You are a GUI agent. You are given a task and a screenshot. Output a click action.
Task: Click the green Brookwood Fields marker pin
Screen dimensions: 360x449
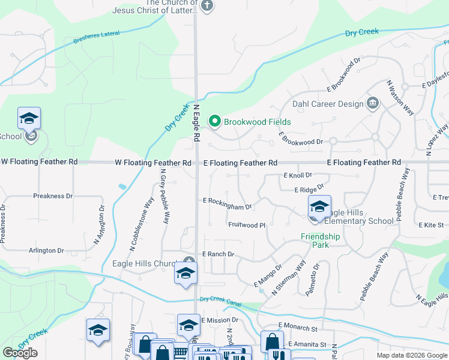[x=214, y=122]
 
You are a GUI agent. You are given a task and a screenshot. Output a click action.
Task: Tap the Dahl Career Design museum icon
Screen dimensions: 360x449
[x=373, y=104]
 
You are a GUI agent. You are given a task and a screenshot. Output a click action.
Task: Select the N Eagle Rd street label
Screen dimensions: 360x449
[x=196, y=122]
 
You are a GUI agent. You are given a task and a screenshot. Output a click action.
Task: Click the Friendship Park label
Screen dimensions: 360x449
[x=320, y=241]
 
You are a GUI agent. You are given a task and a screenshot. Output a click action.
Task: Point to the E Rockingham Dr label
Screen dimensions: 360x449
[x=228, y=203]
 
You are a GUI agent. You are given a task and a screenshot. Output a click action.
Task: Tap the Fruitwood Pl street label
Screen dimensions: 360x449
[x=247, y=225]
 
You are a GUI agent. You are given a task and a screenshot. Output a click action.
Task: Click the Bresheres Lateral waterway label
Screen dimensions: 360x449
[x=97, y=40]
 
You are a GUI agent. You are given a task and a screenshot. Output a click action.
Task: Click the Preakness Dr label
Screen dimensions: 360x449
[x=53, y=196]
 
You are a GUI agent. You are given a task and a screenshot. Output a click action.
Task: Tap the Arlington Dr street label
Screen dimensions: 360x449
[x=45, y=250]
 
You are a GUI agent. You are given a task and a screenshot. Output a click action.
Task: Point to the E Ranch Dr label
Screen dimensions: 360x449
[x=218, y=254]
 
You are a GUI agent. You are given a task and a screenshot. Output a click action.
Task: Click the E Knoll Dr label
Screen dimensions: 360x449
[x=298, y=175]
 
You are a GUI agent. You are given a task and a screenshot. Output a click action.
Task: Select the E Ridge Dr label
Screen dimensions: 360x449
[x=309, y=190]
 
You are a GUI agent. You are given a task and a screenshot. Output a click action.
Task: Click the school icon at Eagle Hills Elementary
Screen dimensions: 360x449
[x=319, y=208]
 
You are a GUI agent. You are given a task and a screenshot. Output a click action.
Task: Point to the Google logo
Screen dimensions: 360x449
[x=20, y=353]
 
